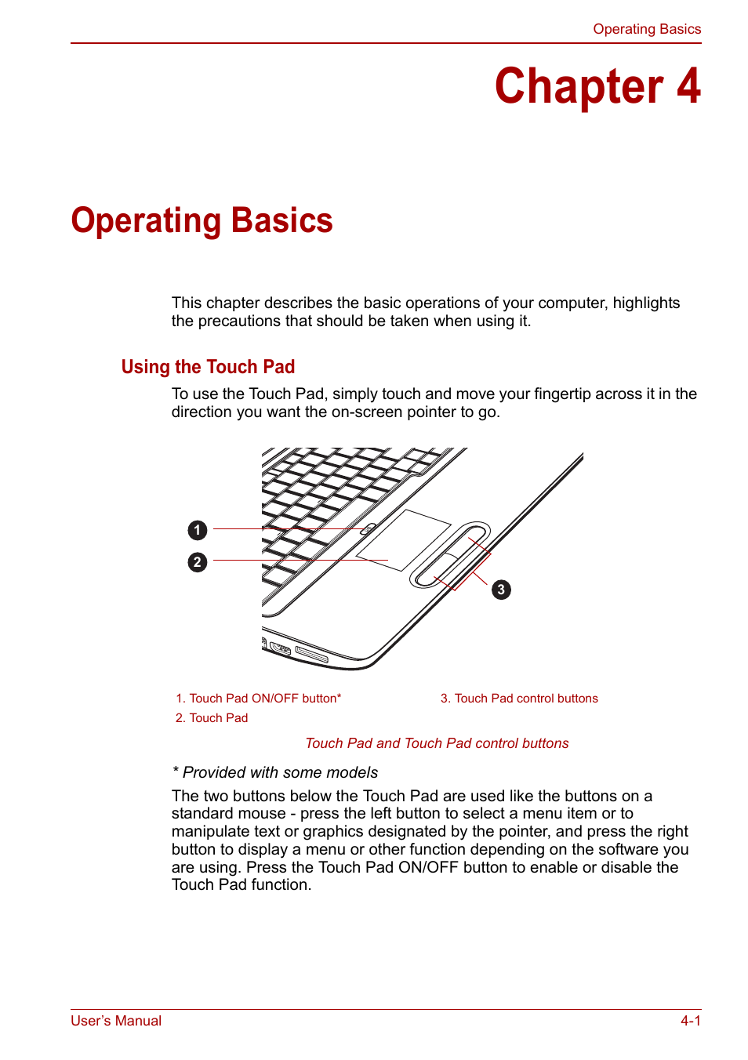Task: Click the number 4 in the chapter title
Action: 688,86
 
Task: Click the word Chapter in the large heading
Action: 579,86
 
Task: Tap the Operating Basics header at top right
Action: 646,29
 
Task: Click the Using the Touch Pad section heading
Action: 208,367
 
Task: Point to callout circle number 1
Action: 198,531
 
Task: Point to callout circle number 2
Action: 198,562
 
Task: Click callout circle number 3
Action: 501,590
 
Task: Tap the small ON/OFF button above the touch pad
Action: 366,530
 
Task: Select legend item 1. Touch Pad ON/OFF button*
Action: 258,699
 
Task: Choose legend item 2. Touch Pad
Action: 212,718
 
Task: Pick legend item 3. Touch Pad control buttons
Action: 519,699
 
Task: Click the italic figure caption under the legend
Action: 437,743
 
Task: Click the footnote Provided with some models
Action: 275,772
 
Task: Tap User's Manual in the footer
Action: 116,1021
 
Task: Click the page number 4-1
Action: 690,1021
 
